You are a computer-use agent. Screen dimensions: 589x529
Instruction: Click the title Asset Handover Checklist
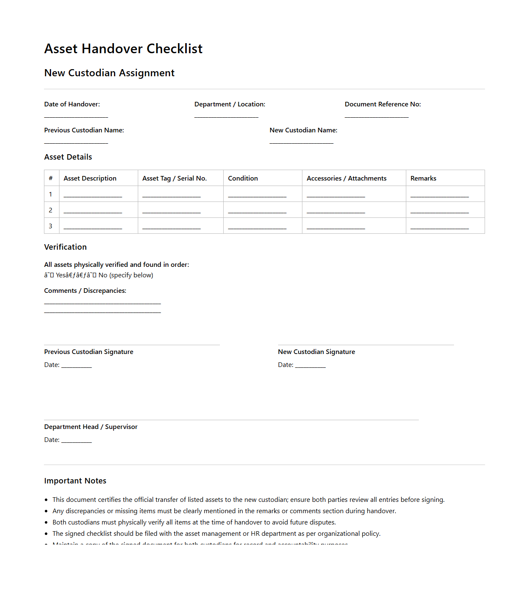tap(123, 49)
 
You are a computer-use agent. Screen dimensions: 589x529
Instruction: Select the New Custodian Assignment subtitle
tap(109, 73)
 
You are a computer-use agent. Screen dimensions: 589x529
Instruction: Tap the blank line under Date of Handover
tap(76, 116)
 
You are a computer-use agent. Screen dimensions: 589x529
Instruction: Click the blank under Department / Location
tap(226, 116)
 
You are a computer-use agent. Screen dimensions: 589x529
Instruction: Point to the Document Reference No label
tap(382, 104)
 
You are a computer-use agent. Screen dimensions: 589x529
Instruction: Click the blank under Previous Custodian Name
tap(76, 142)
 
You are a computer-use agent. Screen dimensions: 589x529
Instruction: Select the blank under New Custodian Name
tap(301, 142)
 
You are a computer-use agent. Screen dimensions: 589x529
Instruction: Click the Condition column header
tap(243, 178)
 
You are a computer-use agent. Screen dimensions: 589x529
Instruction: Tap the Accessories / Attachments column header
tap(346, 178)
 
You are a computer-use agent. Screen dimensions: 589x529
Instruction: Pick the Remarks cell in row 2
tap(439, 211)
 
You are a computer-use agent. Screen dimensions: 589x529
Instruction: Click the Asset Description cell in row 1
tap(93, 195)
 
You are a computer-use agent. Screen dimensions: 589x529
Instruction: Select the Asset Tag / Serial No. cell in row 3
tap(171, 227)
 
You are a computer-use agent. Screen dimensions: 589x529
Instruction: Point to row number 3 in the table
tap(51, 226)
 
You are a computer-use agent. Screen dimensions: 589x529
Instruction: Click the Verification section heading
tap(65, 247)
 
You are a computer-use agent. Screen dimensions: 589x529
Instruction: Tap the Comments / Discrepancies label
tap(85, 291)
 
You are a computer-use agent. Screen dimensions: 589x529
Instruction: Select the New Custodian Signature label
tap(316, 352)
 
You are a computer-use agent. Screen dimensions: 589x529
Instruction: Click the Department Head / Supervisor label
tap(90, 427)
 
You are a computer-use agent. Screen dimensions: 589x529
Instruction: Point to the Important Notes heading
tap(75, 481)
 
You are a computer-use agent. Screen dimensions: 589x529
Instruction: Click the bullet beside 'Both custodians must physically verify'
tap(46, 522)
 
